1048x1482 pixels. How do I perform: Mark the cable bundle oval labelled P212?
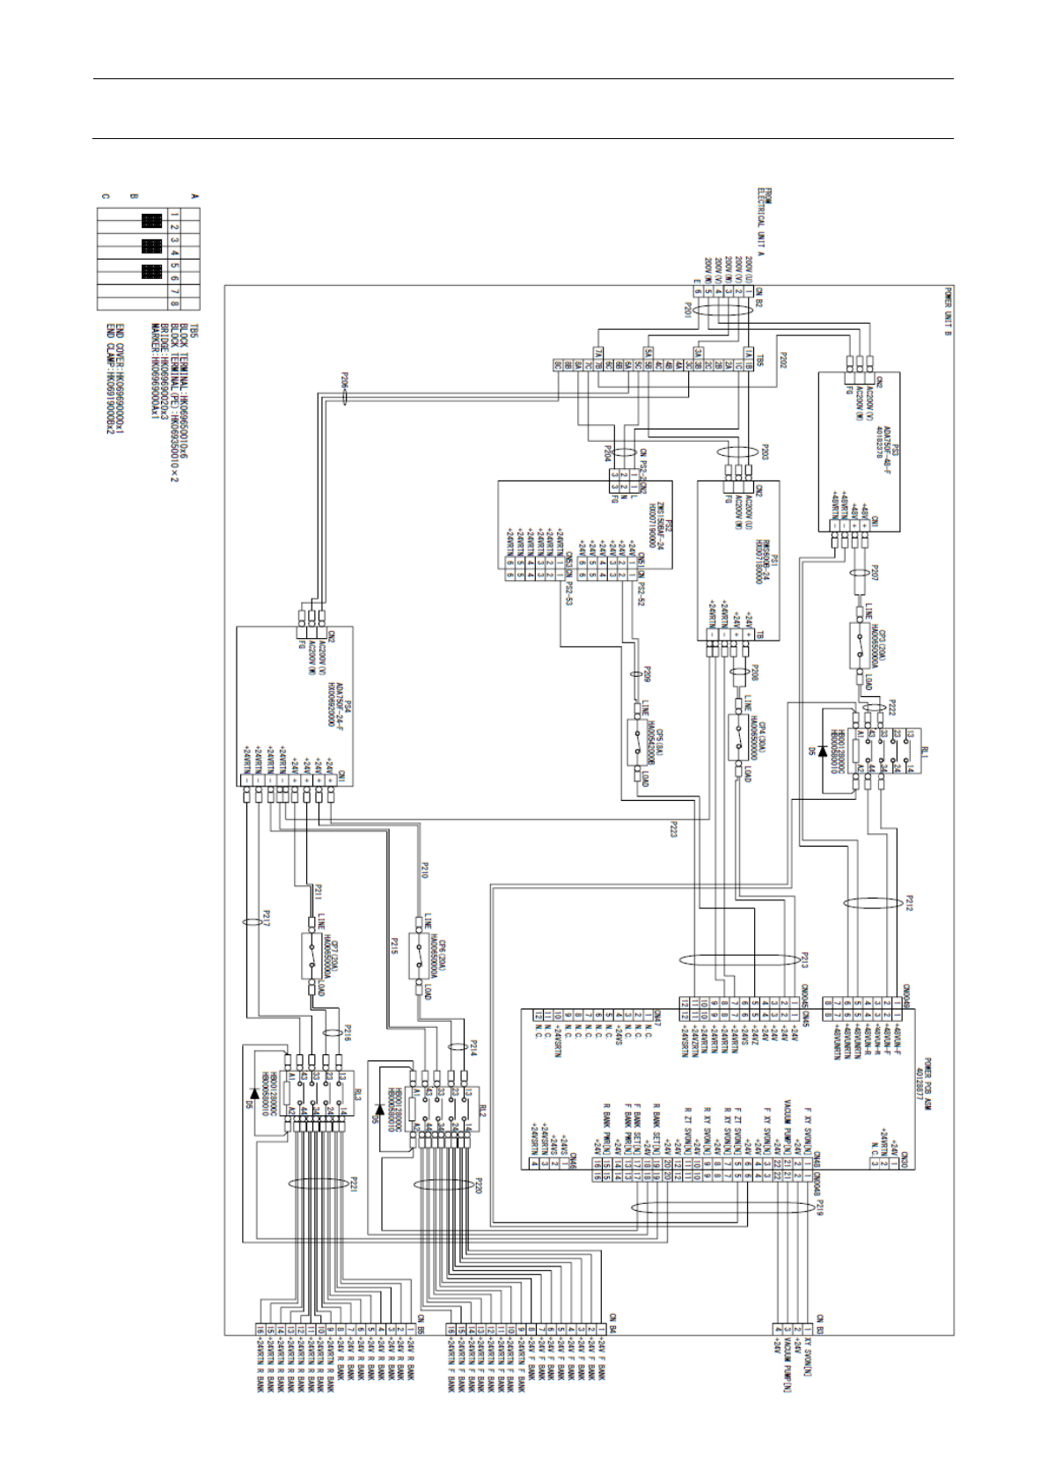click(x=872, y=904)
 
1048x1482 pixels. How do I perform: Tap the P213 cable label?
click(x=803, y=958)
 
